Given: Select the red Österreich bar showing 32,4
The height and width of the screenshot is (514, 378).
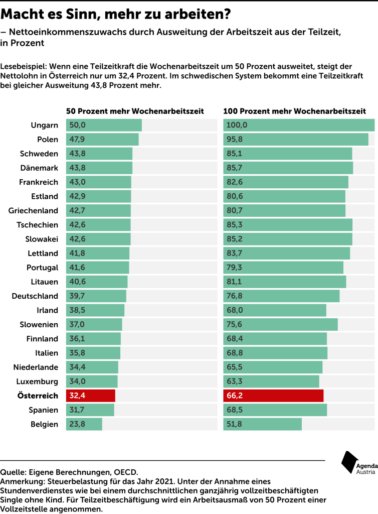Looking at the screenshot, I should click(x=91, y=396).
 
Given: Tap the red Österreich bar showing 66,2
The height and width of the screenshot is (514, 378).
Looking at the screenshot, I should click(x=273, y=396).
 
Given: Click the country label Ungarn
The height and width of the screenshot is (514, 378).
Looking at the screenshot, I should click(x=45, y=125).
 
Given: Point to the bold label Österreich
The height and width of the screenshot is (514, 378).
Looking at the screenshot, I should click(x=38, y=396).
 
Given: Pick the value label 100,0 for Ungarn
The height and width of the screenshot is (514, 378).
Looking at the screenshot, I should click(x=237, y=125).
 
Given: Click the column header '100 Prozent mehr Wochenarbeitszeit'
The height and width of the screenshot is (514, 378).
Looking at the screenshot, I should click(x=294, y=111).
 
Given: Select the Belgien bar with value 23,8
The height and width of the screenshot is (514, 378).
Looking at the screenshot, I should click(x=84, y=424).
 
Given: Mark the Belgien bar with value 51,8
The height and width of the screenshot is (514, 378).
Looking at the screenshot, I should click(x=263, y=424).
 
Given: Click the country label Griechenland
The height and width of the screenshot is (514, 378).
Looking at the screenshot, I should click(x=33, y=210).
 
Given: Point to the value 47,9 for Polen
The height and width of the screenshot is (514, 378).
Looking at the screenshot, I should click(x=77, y=139).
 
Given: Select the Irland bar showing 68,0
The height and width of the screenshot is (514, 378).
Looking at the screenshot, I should click(x=275, y=310).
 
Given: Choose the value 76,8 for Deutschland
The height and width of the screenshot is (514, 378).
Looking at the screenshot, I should click(x=235, y=296).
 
